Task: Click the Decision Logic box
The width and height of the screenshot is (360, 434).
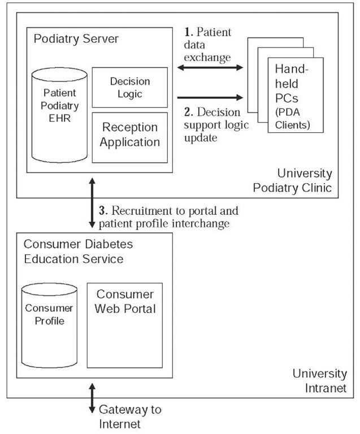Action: coord(129,88)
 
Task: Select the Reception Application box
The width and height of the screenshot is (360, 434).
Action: coord(129,137)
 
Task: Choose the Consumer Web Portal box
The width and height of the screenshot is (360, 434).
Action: coord(125,325)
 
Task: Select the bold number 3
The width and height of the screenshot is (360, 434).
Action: coord(103,211)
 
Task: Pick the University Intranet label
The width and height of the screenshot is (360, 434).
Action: coord(319,380)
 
